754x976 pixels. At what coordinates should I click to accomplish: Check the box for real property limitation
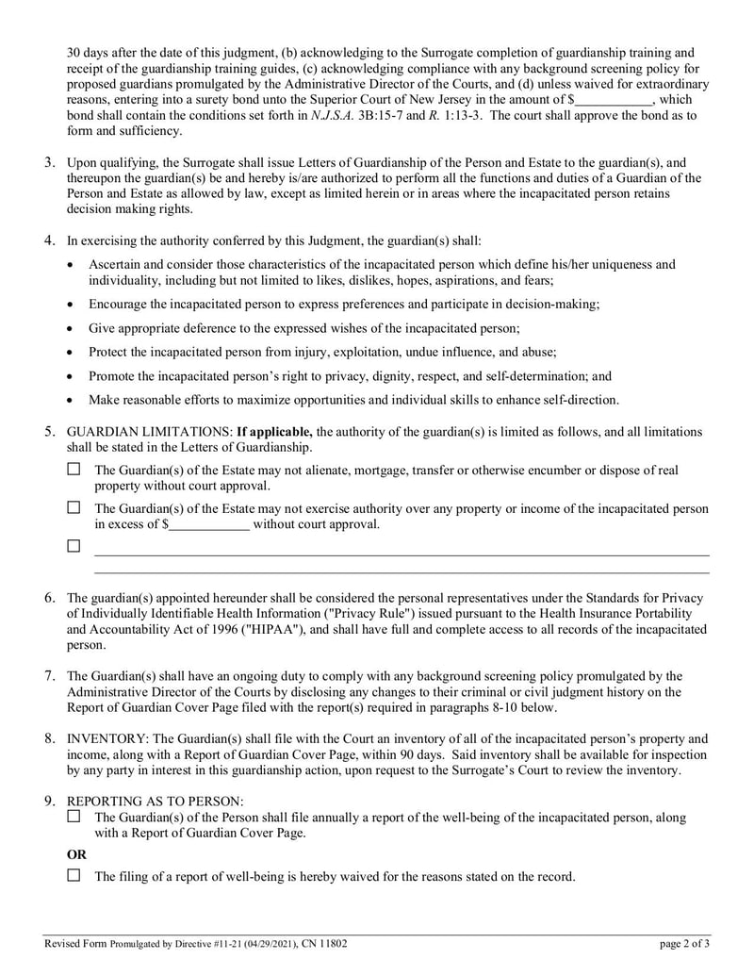tap(74, 469)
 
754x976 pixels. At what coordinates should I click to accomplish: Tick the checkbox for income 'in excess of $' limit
tap(74, 507)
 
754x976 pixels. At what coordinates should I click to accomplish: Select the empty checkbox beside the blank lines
tap(74, 546)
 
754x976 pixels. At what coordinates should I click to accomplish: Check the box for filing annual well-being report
tap(74, 817)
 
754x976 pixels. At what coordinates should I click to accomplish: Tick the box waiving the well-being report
tap(74, 875)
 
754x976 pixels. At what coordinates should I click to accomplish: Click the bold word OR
tap(77, 853)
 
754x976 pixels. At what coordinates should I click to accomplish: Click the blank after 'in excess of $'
tap(210, 524)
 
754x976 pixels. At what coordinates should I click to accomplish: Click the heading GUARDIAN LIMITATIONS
tap(148, 432)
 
